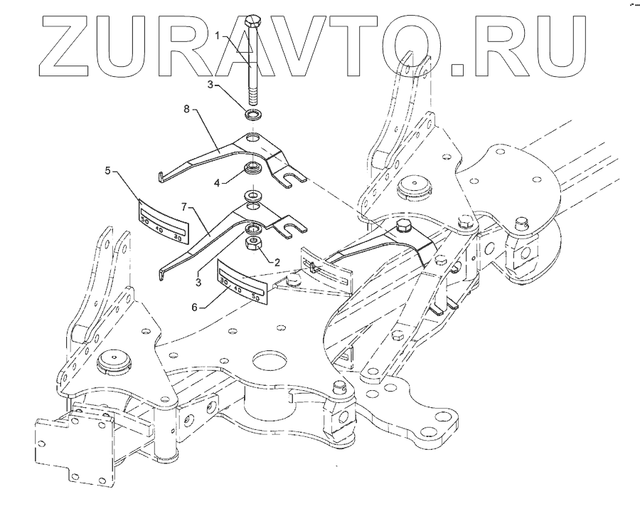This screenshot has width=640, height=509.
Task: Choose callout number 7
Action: (x=183, y=206)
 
